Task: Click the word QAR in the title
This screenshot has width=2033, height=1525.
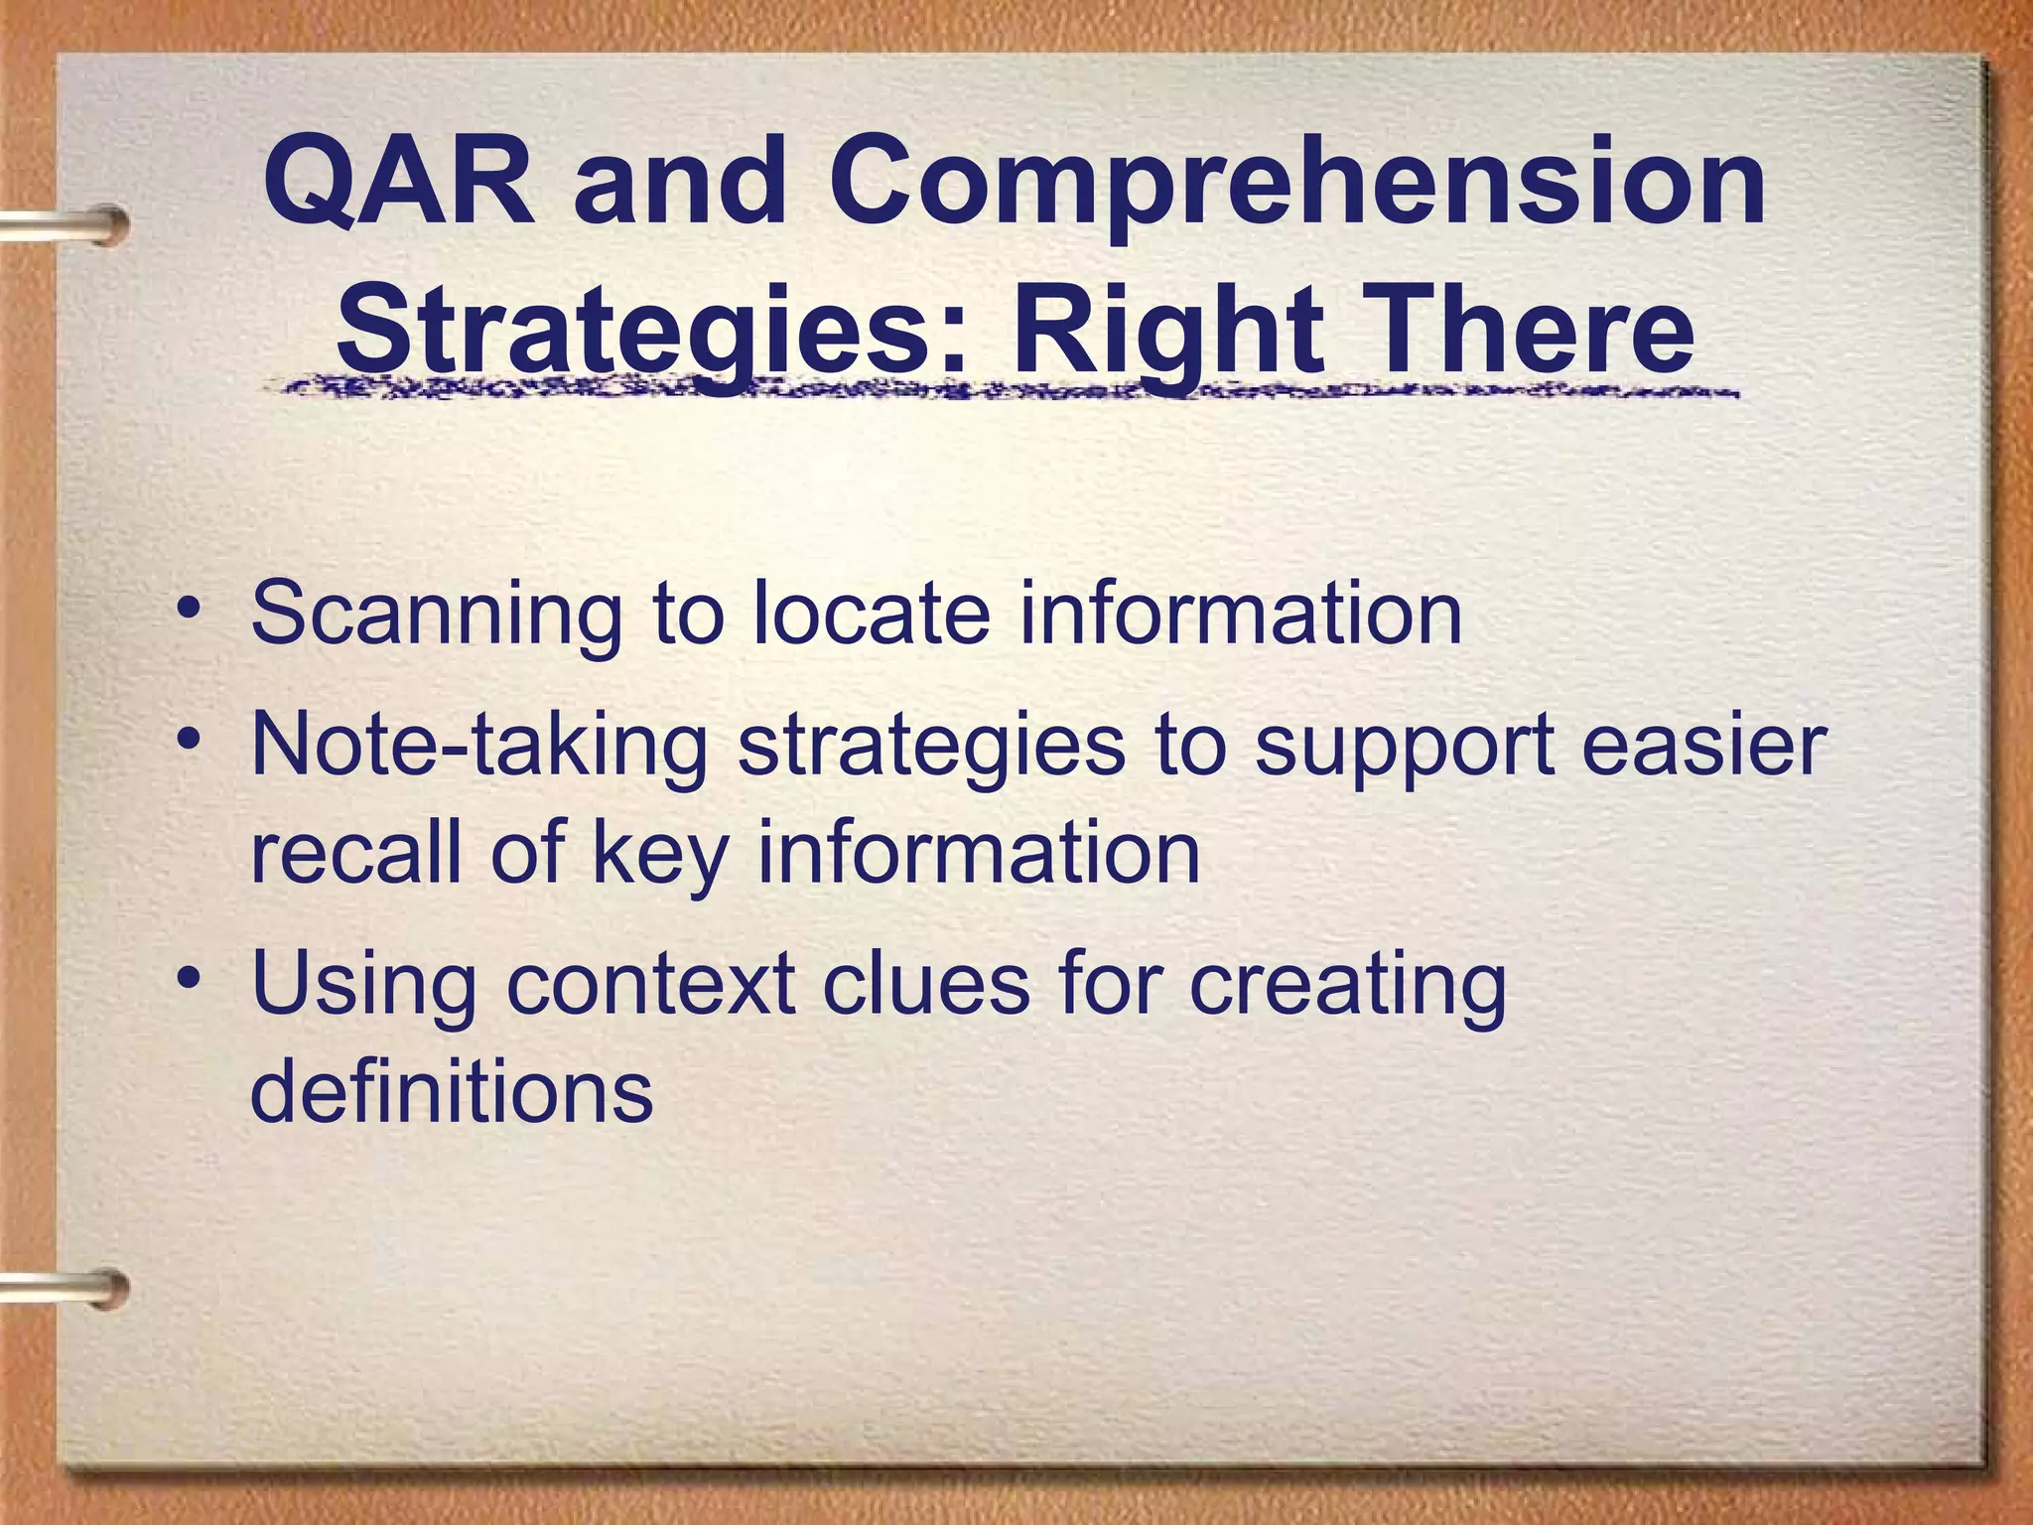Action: pyautogui.click(x=398, y=185)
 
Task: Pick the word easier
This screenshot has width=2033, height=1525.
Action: pyautogui.click(x=1703, y=745)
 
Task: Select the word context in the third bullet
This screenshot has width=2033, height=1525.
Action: pyautogui.click(x=651, y=983)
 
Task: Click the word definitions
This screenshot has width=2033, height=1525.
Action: pyautogui.click(x=452, y=1091)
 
